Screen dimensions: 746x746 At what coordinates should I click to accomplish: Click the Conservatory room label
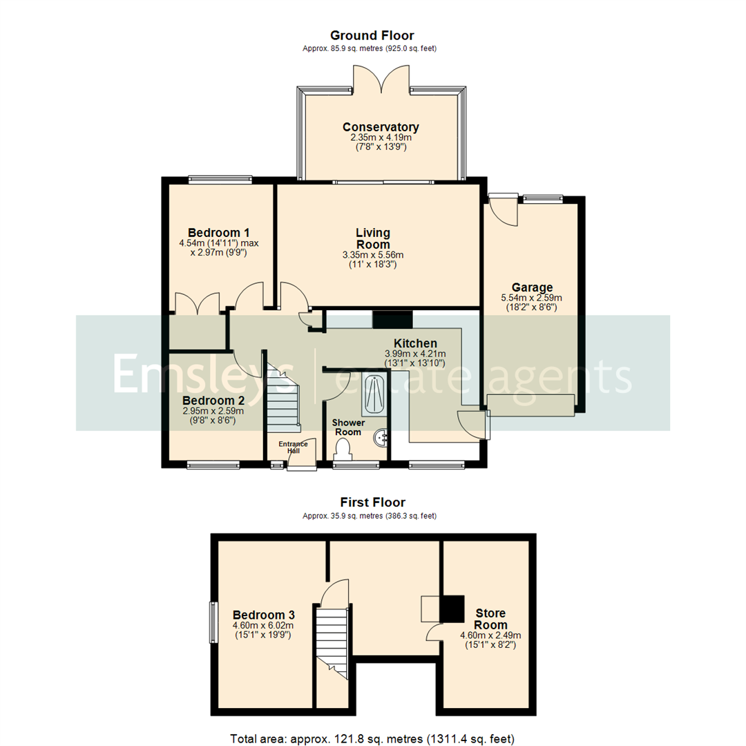(x=381, y=128)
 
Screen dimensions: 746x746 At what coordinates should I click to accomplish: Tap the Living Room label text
(x=373, y=238)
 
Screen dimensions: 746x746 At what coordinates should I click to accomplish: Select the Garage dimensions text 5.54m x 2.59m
(x=532, y=298)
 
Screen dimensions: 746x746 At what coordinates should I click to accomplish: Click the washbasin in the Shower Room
(x=381, y=437)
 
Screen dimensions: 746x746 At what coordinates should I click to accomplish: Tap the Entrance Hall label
(x=293, y=448)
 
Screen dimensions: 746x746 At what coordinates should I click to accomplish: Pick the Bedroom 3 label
(x=264, y=615)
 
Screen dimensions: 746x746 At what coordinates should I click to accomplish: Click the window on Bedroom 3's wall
(x=213, y=623)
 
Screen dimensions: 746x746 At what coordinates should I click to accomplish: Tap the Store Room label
(x=490, y=619)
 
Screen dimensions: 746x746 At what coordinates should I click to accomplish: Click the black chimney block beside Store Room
(x=452, y=608)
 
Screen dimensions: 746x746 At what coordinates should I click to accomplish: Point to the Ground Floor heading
(x=372, y=35)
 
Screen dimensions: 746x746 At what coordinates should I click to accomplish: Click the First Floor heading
(x=372, y=502)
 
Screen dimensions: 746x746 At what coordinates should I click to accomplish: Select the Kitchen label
(x=415, y=343)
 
